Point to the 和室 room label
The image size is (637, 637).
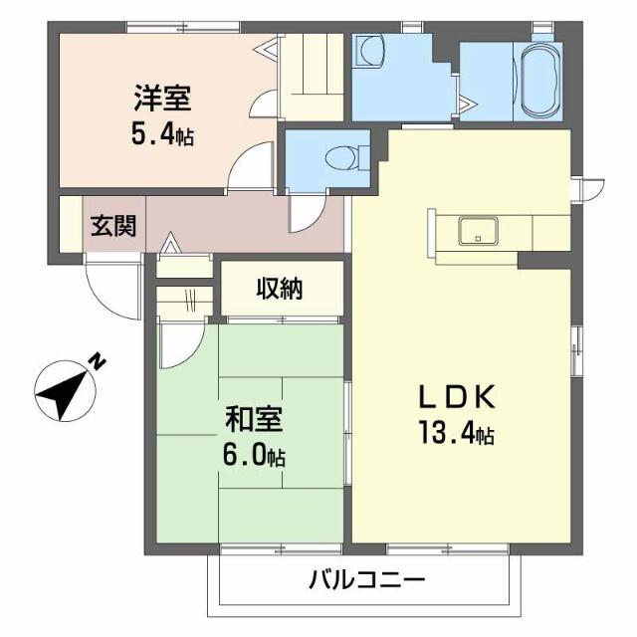tap(255, 419)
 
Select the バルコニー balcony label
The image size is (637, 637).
tap(366, 578)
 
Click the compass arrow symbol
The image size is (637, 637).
tap(62, 393)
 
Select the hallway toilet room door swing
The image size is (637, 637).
tap(305, 212)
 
